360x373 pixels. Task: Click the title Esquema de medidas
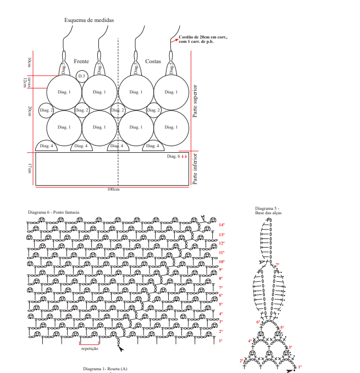point(89,20)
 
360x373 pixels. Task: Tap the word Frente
point(81,62)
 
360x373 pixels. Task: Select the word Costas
point(153,62)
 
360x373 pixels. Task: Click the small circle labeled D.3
point(81,75)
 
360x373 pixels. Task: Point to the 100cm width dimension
point(114,189)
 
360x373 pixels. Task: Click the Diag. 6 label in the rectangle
point(174,157)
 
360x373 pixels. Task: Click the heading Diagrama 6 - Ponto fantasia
point(53,211)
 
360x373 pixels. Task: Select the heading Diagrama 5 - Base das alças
point(267,210)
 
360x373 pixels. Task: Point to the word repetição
point(90,348)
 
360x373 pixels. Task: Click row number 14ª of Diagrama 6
point(221,225)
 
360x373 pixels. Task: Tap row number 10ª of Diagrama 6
point(221,262)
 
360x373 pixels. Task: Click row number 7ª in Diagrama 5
point(278,265)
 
